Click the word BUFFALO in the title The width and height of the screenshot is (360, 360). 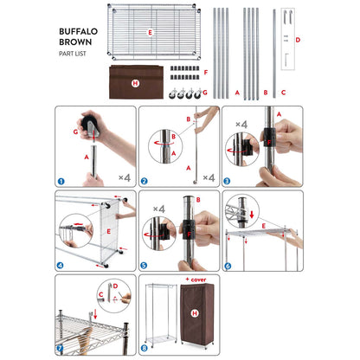(x=78, y=31)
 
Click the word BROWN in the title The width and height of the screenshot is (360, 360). (x=75, y=42)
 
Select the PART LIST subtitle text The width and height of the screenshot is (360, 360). (x=73, y=54)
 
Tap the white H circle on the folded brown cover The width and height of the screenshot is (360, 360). (x=135, y=84)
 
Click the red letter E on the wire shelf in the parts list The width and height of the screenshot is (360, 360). (x=150, y=33)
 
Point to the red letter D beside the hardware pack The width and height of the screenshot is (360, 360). (x=298, y=40)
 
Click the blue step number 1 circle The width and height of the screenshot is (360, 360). (x=61, y=181)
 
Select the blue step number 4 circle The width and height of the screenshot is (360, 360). (x=61, y=265)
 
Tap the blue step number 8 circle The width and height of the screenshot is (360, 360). (x=144, y=348)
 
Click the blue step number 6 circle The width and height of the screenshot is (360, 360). (x=228, y=266)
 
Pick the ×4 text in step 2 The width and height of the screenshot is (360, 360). (x=209, y=177)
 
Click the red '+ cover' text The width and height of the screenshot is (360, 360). (x=196, y=280)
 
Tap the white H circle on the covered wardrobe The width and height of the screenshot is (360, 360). (x=195, y=313)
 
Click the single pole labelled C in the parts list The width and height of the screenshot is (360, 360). (x=274, y=54)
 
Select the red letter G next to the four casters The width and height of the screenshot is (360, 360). (x=205, y=93)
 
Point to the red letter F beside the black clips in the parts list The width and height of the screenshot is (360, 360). (x=206, y=72)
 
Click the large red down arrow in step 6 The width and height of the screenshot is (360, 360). (x=252, y=215)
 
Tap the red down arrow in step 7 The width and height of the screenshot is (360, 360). (x=95, y=314)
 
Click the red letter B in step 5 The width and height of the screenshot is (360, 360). (x=198, y=200)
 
